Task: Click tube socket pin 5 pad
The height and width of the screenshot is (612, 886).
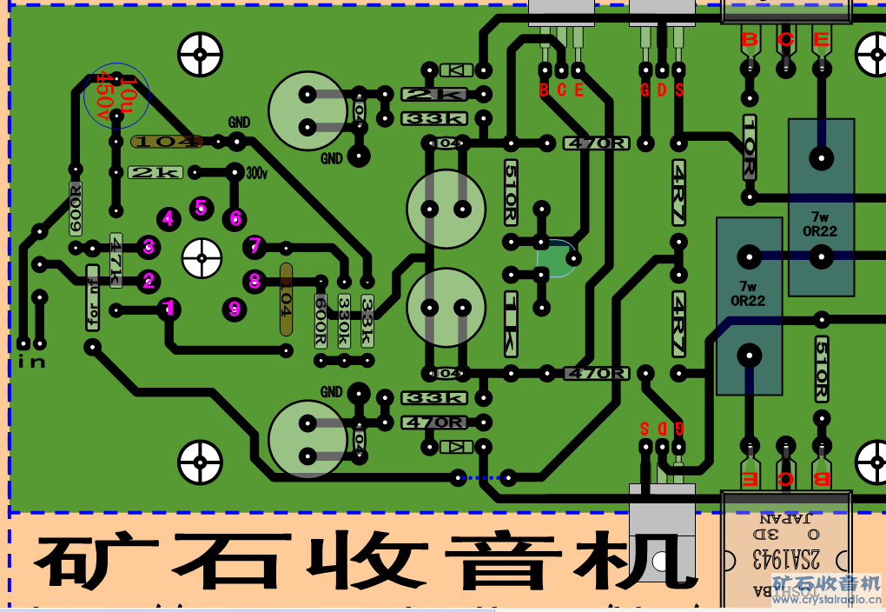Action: click(x=201, y=207)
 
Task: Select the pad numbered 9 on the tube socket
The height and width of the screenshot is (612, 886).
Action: click(x=234, y=308)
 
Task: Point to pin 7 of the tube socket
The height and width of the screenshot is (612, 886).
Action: click(x=255, y=246)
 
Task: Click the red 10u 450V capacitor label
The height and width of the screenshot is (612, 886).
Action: click(x=116, y=96)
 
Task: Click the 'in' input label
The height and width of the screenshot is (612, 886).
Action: click(x=31, y=361)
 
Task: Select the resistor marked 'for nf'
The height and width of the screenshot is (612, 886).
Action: click(x=93, y=297)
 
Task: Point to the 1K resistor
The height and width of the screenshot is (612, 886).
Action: click(x=512, y=323)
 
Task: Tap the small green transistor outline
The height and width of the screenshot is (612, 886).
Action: click(x=555, y=258)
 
